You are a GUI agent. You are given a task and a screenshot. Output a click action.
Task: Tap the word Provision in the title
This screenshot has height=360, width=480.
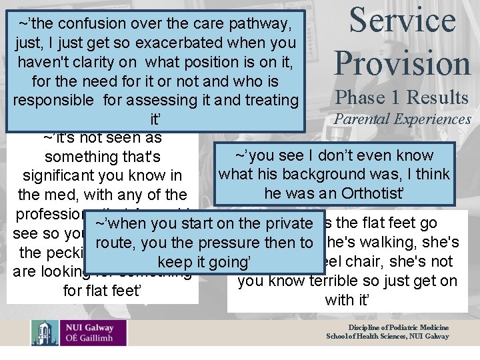403,63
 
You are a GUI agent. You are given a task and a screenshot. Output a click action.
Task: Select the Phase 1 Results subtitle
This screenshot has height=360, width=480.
402,97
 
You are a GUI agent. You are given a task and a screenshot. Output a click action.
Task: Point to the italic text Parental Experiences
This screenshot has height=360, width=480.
402,119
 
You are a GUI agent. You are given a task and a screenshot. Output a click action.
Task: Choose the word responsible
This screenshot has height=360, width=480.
53,100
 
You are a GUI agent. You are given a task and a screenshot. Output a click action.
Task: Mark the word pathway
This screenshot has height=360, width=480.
257,24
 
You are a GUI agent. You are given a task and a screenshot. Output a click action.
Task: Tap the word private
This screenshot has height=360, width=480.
286,223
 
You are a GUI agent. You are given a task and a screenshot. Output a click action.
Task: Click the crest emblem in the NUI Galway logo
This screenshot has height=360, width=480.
44,333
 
